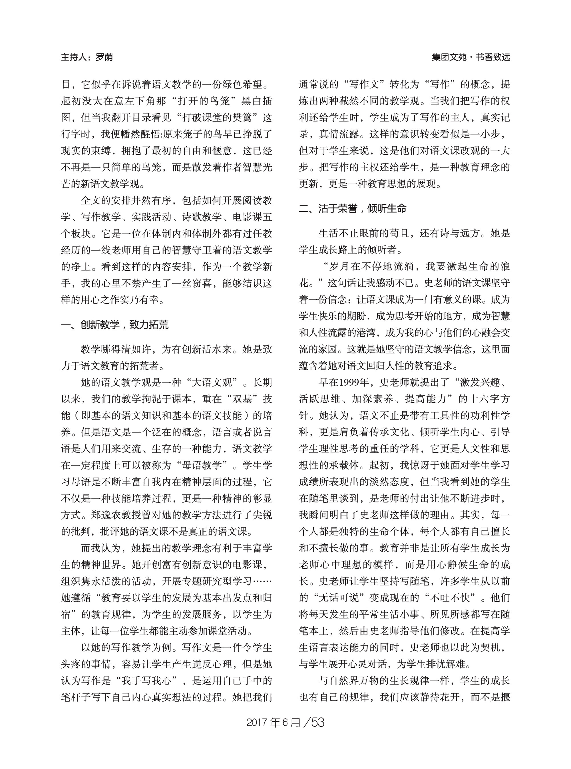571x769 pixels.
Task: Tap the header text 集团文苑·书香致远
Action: pyautogui.click(x=471, y=57)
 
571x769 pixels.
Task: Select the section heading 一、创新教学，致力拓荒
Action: pyautogui.click(x=115, y=325)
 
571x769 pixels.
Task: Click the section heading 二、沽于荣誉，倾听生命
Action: pyautogui.click(x=353, y=209)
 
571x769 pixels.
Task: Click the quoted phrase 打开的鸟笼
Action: pyautogui.click(x=205, y=101)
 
